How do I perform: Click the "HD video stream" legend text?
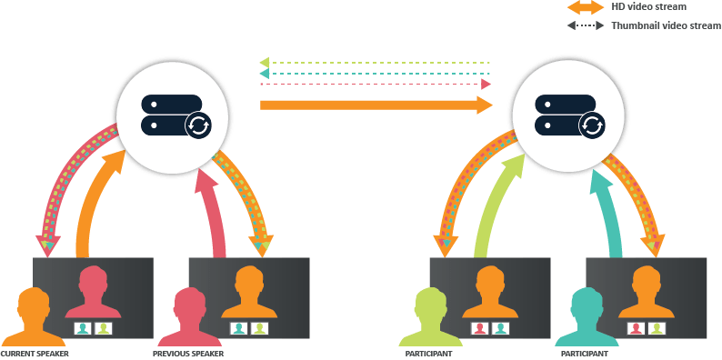(x=648, y=7)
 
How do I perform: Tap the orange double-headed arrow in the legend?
(x=586, y=7)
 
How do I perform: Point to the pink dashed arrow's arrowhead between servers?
(x=486, y=84)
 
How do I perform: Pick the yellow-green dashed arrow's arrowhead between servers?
(x=265, y=63)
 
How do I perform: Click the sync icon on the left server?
(x=197, y=125)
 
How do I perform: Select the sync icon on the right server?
(x=591, y=125)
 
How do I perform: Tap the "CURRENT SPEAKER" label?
(x=35, y=353)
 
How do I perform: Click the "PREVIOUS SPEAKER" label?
(x=189, y=353)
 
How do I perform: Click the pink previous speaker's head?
(x=188, y=303)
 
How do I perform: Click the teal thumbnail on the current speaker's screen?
(x=83, y=328)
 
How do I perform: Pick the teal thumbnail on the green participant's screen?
(x=500, y=328)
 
